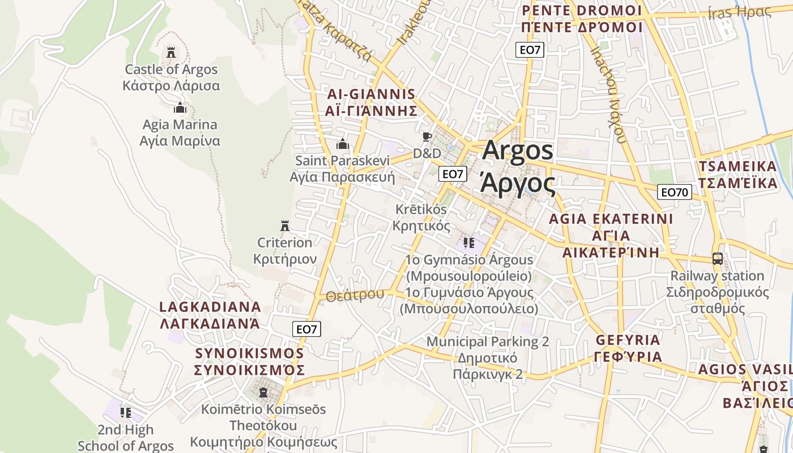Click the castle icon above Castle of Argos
click(170, 53)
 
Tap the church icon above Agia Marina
click(180, 107)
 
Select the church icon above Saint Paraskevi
click(342, 144)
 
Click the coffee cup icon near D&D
click(427, 136)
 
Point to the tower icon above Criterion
click(285, 226)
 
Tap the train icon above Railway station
click(717, 259)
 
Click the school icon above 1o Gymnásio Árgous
click(468, 243)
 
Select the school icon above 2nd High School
click(125, 412)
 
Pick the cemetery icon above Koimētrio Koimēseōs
click(263, 392)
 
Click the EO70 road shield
click(674, 192)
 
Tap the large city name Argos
click(518, 151)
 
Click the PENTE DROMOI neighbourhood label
click(582, 10)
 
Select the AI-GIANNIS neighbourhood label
click(371, 94)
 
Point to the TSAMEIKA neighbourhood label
click(737, 166)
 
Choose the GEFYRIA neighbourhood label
click(628, 340)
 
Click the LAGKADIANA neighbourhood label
click(210, 307)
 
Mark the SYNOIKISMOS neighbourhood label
click(249, 353)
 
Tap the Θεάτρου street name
click(355, 295)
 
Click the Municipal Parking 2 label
click(487, 341)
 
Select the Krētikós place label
click(421, 210)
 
